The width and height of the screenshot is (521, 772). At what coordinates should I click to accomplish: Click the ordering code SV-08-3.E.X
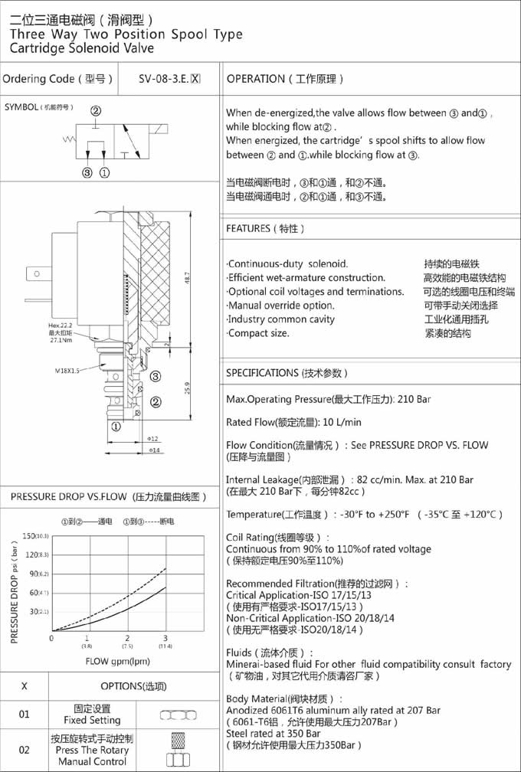169,78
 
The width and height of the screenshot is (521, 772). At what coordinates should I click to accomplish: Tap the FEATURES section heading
265,228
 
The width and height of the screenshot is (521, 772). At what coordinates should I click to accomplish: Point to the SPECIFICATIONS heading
287,373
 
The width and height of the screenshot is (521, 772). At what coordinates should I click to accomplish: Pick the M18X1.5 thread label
67,370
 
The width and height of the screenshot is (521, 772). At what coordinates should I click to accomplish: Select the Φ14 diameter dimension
153,450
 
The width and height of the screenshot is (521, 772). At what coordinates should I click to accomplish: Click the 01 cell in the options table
25,715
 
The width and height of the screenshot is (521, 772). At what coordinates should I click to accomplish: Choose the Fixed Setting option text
93,720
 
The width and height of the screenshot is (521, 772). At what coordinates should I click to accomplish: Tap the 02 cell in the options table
25,750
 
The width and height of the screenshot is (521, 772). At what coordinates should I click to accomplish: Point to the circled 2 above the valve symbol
96,111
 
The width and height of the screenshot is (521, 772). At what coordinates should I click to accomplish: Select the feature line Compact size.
259,333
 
